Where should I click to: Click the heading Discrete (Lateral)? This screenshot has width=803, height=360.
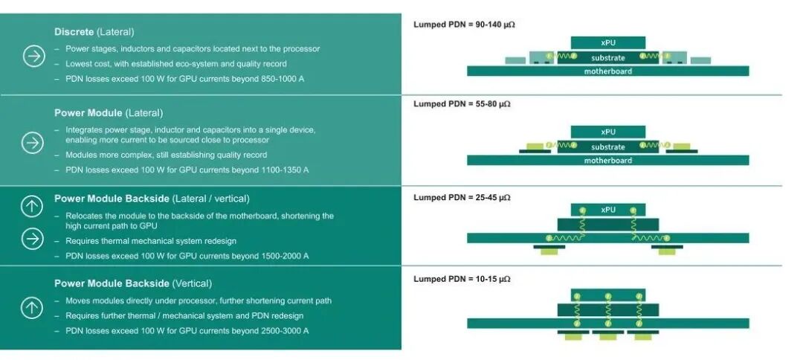point(94,32)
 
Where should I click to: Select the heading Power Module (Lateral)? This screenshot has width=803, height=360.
point(109,112)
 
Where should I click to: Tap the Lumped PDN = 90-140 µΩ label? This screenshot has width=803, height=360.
point(464,25)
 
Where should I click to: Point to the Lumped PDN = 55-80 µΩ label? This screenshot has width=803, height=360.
point(462,104)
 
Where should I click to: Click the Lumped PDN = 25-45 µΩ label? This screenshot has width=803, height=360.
point(462,197)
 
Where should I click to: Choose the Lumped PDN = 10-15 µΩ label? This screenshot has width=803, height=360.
point(462,279)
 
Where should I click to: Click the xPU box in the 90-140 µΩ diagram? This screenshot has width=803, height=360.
point(608,42)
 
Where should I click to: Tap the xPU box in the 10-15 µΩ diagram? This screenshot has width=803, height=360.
point(608,295)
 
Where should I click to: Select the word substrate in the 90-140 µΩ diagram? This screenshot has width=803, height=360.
point(608,58)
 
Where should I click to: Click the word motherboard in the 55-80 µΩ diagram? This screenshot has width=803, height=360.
point(608,160)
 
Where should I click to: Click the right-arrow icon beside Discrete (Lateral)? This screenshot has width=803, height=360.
point(33,56)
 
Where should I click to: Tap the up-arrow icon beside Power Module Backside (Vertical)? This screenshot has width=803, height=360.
point(32,308)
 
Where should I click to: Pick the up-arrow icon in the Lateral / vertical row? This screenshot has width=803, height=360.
point(32,206)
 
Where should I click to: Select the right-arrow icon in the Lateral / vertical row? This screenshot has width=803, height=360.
point(32,240)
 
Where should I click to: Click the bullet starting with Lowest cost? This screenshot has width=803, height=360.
point(176,64)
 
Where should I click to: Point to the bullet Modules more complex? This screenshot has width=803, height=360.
point(167,155)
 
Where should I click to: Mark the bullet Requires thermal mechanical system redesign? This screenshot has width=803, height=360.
point(151,241)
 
